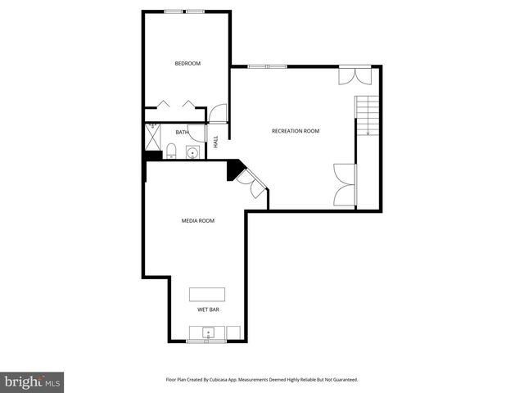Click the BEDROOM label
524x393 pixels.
(x=187, y=63)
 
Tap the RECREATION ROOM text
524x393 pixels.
(x=296, y=131)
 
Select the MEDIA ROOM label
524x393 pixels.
(x=197, y=220)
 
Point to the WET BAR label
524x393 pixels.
(x=208, y=310)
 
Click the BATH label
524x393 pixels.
(x=182, y=132)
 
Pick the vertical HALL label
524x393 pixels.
(x=216, y=141)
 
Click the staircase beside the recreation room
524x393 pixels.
(x=368, y=115)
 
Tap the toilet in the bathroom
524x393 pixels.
(x=170, y=150)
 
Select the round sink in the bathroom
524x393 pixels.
(x=192, y=152)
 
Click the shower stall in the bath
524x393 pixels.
(x=153, y=132)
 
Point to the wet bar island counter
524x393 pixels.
(x=207, y=295)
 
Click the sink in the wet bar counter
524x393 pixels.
(x=208, y=333)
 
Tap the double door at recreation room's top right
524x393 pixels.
(x=357, y=75)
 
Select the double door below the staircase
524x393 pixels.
(x=345, y=185)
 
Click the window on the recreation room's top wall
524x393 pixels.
(x=268, y=66)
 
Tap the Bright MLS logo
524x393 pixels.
(x=32, y=382)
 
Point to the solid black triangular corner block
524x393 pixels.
(x=234, y=168)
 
